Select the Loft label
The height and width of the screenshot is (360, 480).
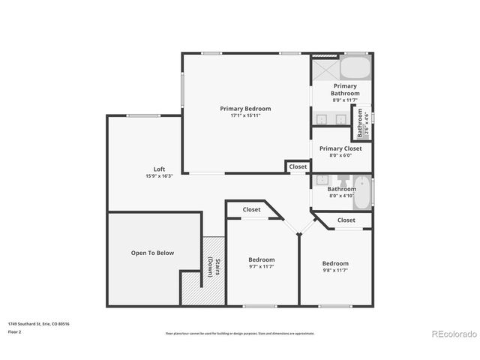click(159, 169)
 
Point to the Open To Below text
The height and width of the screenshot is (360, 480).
click(152, 253)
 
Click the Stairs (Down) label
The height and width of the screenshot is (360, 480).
click(214, 267)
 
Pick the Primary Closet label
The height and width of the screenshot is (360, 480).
click(340, 148)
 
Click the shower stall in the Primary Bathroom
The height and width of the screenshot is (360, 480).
click(325, 68)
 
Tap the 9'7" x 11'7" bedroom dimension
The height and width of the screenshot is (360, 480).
click(262, 266)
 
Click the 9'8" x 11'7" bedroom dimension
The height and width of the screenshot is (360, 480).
click(335, 270)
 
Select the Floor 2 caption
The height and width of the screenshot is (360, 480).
click(15, 331)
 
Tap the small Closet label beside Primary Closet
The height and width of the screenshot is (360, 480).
click(298, 166)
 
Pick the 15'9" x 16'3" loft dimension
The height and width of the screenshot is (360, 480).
click(159, 176)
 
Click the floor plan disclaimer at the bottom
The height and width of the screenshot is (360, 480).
click(240, 333)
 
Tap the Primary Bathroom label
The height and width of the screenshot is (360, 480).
click(345, 89)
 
